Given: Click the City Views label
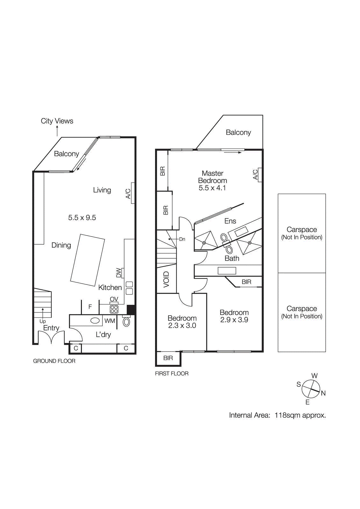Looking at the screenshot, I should point(57,121).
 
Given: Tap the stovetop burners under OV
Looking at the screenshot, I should point(114,309).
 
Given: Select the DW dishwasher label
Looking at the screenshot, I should point(119,273).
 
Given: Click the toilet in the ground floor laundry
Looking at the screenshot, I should point(126,322).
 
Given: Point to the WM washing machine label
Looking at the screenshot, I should point(109,321).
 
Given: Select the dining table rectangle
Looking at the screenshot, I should point(88,260).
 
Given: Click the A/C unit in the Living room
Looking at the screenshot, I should point(133,193).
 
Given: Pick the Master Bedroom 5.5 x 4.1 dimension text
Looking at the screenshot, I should point(212,188).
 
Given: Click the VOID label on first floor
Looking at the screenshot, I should point(166,280).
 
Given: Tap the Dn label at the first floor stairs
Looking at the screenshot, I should point(182,239).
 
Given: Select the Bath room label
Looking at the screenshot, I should point(232,258).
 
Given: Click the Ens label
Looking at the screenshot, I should point(230,221).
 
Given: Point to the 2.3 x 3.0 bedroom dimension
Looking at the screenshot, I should point(182,325).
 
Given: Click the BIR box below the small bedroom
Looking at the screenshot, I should point(168,358).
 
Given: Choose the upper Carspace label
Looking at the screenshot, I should point(302,229).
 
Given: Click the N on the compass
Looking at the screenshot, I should point(323,393).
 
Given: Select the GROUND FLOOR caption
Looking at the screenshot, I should point(54,361).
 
